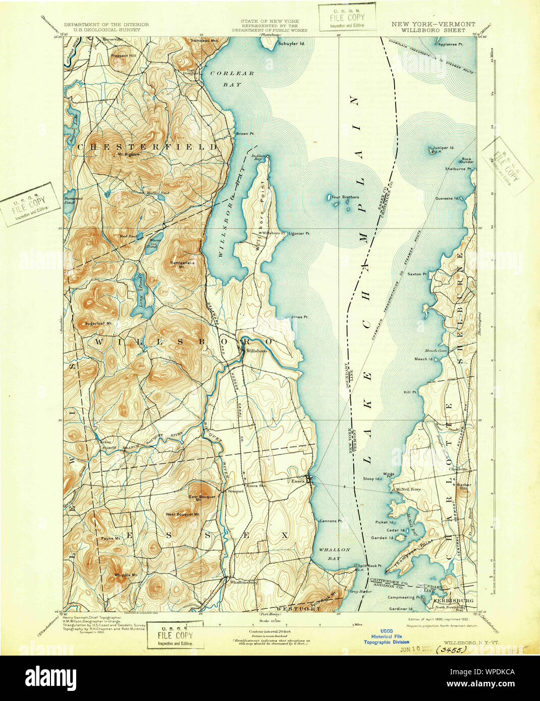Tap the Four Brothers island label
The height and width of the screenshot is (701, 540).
coord(345,197)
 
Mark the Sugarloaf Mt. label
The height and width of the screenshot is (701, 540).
coord(98,323)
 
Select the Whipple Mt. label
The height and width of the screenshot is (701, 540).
coord(125,575)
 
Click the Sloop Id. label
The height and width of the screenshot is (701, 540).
coord(371,478)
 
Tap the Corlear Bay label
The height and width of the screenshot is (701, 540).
coord(232,79)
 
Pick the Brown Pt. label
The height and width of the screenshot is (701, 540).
coord(244,134)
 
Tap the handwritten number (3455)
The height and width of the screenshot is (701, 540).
coord(445,651)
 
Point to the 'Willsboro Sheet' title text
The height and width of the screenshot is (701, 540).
coord(433,30)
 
